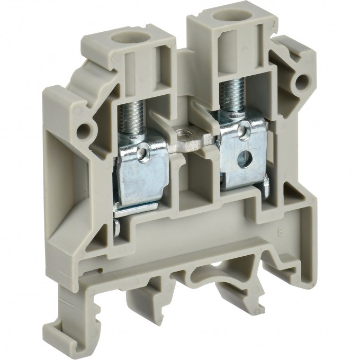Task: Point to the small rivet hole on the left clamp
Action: click(x=147, y=154)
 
